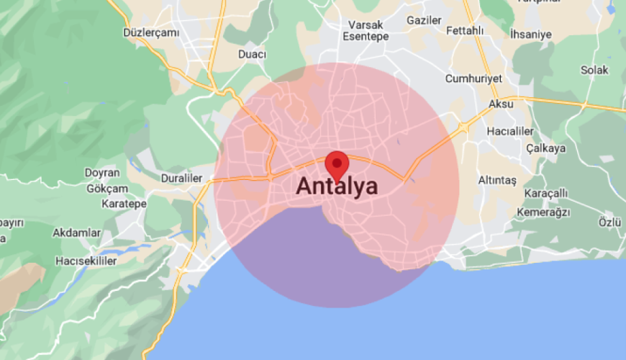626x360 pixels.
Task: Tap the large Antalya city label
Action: tap(337, 186)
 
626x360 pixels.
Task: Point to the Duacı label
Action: tap(252, 55)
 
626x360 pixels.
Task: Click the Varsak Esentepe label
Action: tap(366, 30)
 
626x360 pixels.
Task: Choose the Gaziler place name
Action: tap(424, 20)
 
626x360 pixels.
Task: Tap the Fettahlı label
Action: tap(466, 31)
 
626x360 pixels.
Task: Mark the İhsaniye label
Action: tap(530, 34)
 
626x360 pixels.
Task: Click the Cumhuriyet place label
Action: tap(473, 78)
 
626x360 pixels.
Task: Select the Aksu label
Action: tap(501, 104)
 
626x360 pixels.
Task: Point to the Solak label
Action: tap(595, 70)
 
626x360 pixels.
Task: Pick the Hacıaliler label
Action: tap(510, 131)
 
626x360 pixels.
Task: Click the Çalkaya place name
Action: tap(545, 148)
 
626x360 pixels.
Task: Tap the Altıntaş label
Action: tap(498, 180)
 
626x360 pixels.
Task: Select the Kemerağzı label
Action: tap(543, 212)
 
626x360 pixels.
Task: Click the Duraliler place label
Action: tap(181, 177)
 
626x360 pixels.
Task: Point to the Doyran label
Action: tap(101, 173)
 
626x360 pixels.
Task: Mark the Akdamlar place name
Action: tap(77, 233)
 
